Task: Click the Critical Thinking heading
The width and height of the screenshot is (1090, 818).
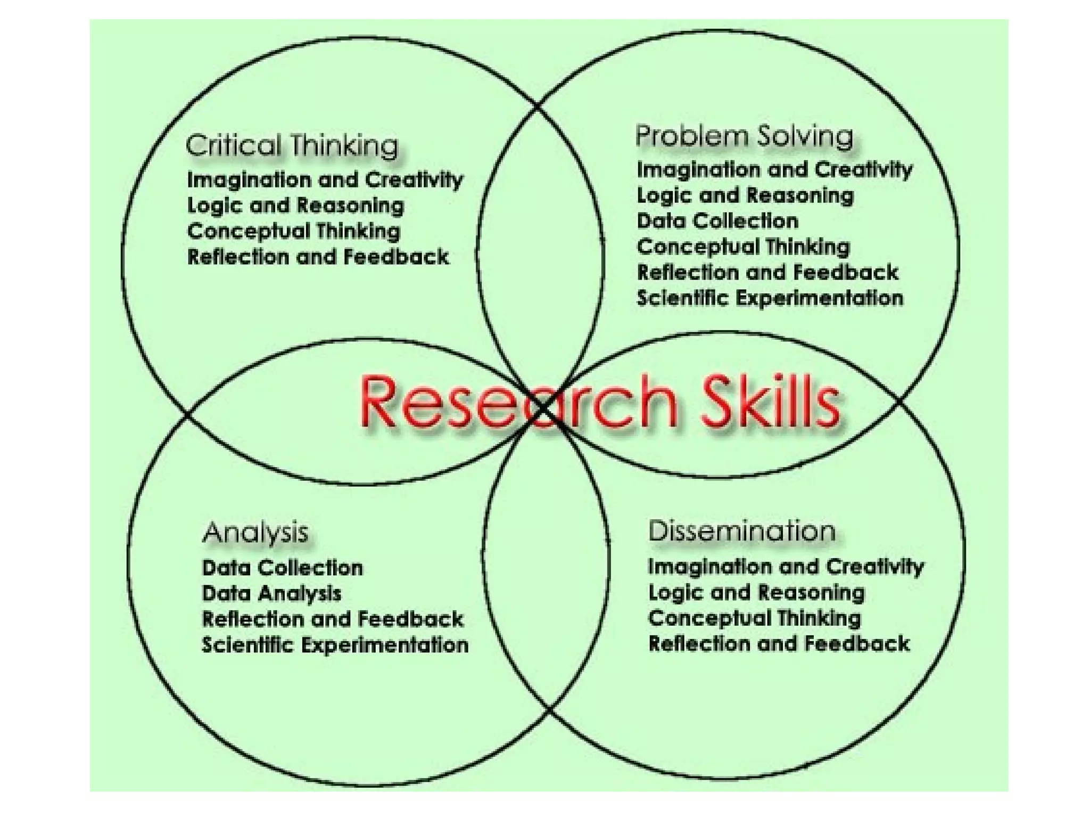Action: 292,145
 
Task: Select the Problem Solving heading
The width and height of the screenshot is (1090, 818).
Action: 744,136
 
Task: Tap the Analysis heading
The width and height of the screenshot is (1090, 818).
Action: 255,532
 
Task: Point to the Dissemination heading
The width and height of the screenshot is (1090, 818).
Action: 742,531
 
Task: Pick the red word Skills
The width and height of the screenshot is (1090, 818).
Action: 770,402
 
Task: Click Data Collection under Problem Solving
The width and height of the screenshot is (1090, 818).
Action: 717,221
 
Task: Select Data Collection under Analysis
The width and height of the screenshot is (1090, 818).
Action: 283,568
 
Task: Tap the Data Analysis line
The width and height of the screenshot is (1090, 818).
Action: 271,593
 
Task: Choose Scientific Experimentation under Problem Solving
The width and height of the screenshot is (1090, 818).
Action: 770,298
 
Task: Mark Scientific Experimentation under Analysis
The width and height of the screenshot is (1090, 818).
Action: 335,645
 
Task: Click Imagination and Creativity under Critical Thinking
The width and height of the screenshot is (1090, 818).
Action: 325,180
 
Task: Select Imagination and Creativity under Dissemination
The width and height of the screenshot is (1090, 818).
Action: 786,567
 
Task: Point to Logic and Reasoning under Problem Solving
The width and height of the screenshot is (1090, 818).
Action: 745,195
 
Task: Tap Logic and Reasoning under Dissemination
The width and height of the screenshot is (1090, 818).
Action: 756,592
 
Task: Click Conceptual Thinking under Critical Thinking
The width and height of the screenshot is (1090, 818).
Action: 294,232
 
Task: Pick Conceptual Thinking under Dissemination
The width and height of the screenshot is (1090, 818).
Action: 754,618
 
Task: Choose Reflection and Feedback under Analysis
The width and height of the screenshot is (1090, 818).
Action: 333,619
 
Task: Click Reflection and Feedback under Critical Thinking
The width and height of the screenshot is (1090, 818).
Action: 318,257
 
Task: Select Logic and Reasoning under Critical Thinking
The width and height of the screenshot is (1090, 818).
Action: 296,206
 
